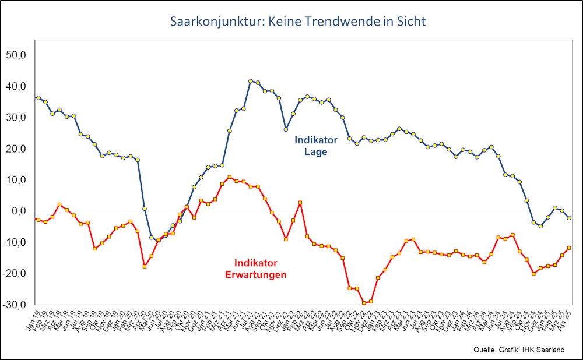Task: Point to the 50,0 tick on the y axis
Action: click(x=17, y=55)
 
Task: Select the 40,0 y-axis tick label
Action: click(x=17, y=86)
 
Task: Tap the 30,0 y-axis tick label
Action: click(x=17, y=117)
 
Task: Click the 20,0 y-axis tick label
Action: click(x=17, y=149)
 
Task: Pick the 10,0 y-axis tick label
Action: click(x=17, y=180)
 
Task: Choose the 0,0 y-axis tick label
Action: click(x=19, y=211)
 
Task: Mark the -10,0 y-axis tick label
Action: click(x=16, y=242)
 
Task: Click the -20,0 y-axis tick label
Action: click(x=16, y=273)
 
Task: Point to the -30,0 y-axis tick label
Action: click(x=16, y=305)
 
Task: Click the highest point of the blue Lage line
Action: click(x=251, y=81)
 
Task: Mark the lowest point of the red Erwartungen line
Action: click(x=364, y=303)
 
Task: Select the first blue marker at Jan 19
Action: click(x=38, y=98)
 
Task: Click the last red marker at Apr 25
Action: click(x=569, y=248)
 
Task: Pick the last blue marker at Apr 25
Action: click(x=569, y=217)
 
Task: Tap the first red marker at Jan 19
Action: click(x=38, y=220)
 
